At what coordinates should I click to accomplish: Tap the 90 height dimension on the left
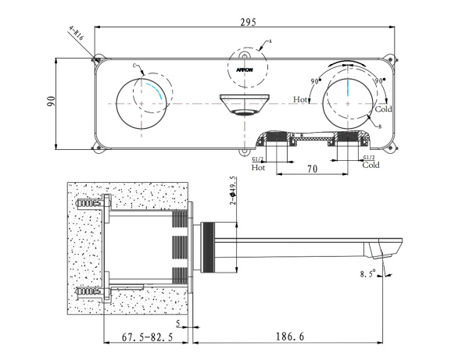click(50, 102)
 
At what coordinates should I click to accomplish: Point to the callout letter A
click(270, 40)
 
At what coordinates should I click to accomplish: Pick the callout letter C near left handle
click(134, 66)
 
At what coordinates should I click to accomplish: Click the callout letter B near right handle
click(379, 126)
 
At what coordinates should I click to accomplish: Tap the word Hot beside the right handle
click(300, 100)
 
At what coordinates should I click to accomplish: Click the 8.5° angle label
click(367, 273)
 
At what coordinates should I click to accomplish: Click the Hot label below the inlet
click(259, 166)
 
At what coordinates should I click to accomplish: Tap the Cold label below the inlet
click(371, 166)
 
